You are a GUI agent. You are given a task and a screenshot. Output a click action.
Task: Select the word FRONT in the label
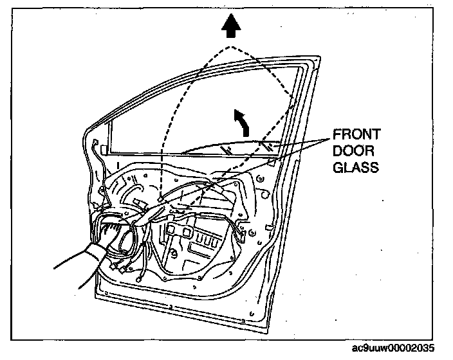356,135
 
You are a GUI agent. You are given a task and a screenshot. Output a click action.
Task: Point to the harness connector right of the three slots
239,238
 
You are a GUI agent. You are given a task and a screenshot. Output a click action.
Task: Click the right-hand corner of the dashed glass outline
295,98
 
